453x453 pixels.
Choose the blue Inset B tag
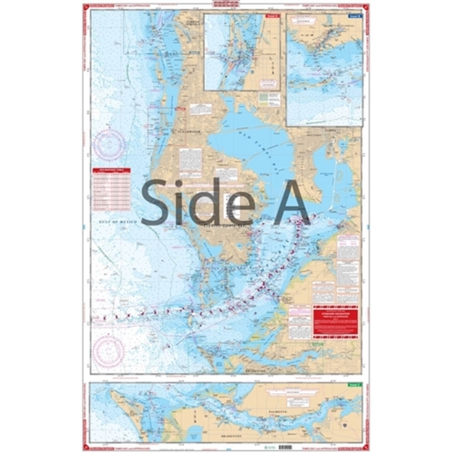[x=354, y=16]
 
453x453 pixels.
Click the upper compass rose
[x=110, y=142]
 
